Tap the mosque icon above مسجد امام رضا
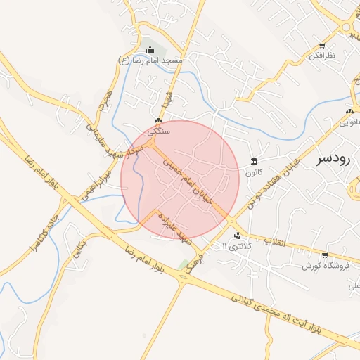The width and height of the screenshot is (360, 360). click(150, 50)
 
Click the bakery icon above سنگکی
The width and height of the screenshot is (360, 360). click(158, 121)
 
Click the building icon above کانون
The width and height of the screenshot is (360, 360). click(253, 162)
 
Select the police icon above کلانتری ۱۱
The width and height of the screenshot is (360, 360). click(237, 236)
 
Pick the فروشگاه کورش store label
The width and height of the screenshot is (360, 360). click(321, 266)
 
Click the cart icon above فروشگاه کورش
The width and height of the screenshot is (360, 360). click(325, 255)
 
